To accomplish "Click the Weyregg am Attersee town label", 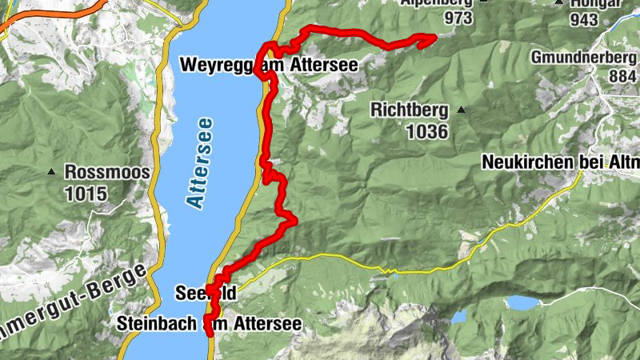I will coord(268,64).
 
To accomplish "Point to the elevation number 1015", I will coord(86,193).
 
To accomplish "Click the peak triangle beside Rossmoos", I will coord(53,171).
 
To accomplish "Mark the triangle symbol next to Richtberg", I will coord(461,110).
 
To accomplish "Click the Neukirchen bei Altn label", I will coord(561,162).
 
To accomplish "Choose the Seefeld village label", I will coord(206,294).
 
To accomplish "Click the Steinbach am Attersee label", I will coord(209,324).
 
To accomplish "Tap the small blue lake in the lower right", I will coord(521,303).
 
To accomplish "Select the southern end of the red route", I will coord(210,334).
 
